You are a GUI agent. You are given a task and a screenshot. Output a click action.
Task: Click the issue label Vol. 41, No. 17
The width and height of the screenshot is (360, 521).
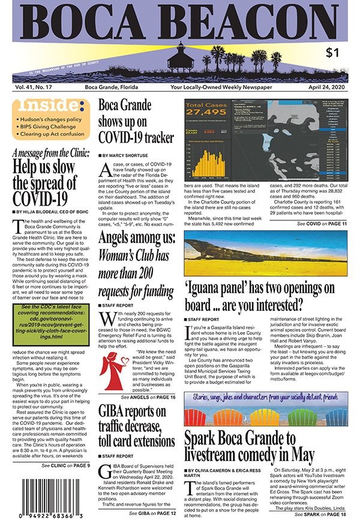pyautogui.click(x=34, y=87)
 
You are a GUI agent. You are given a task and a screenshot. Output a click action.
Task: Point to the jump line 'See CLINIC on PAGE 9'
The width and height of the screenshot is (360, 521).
pyautogui.click(x=65, y=465)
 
